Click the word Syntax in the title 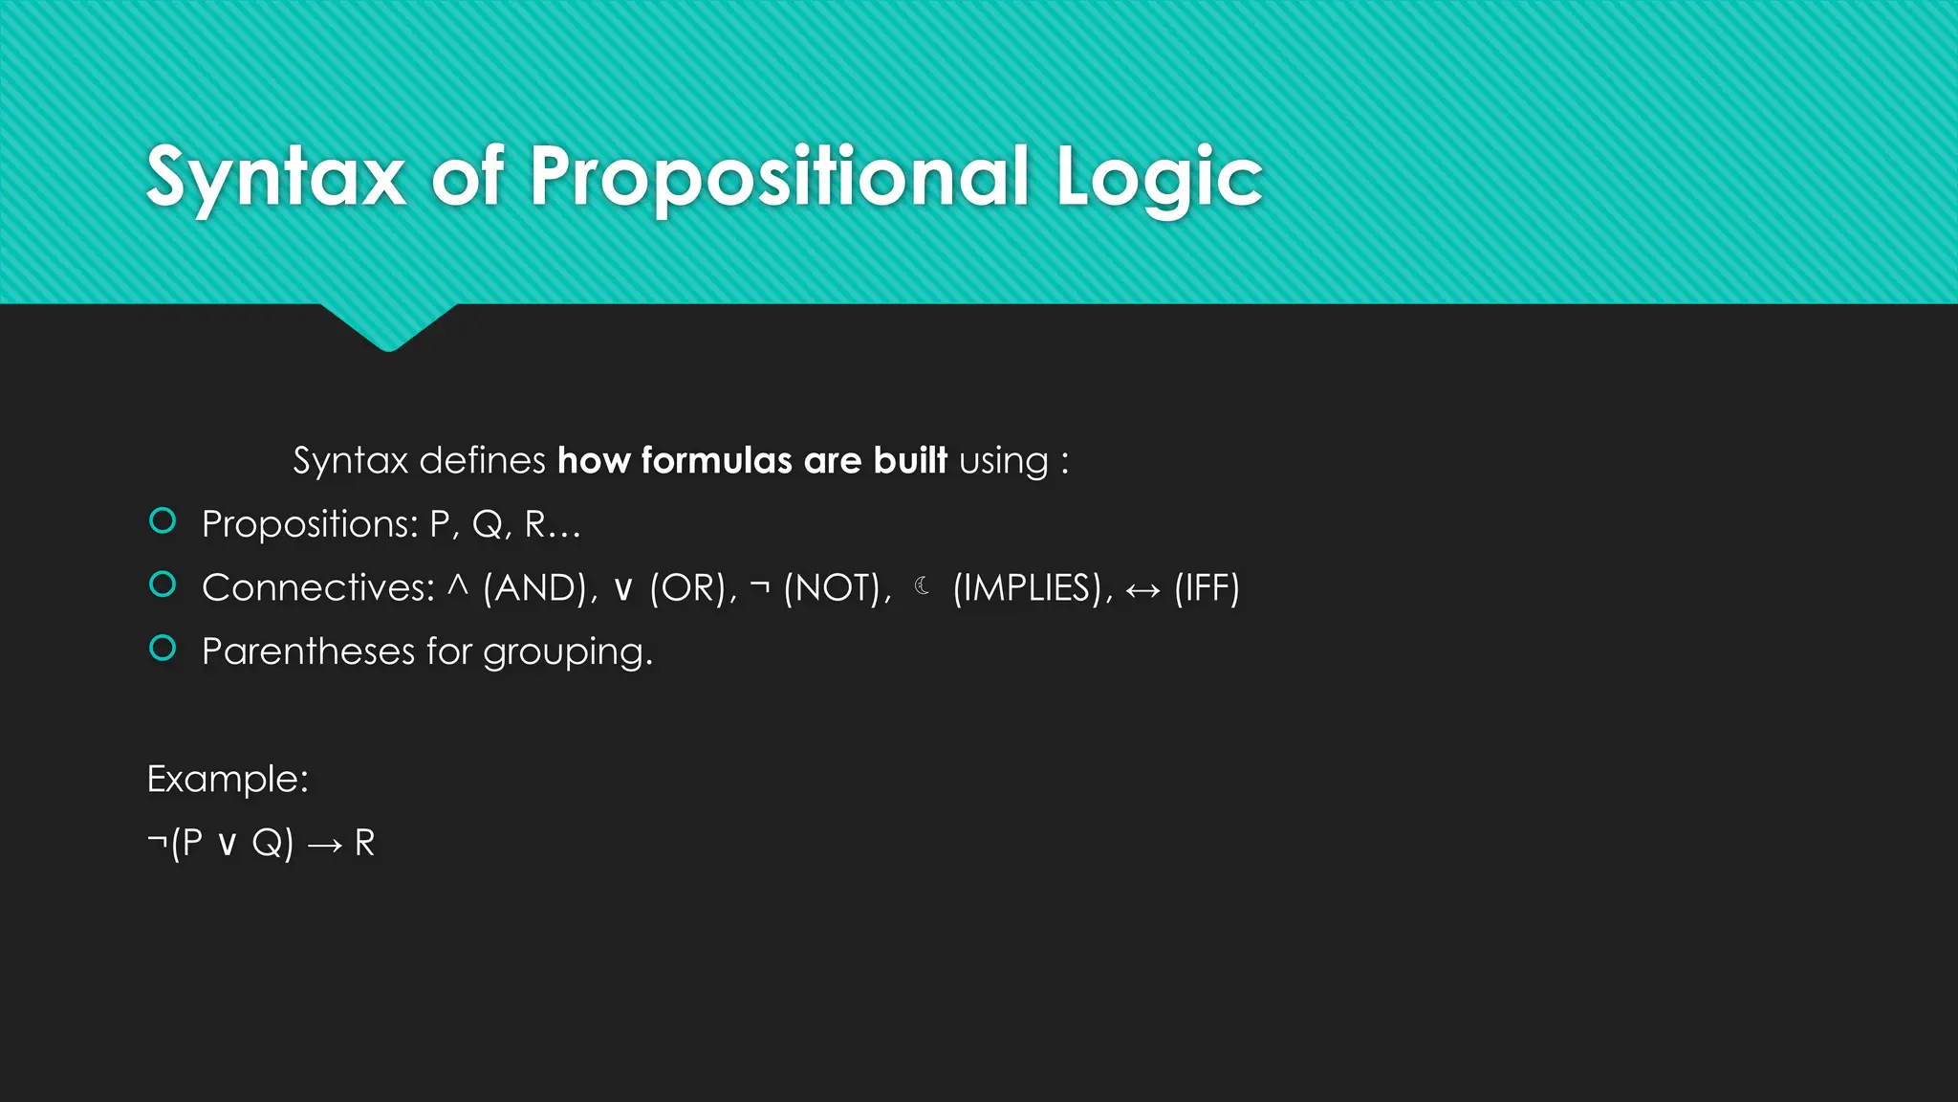click(x=275, y=178)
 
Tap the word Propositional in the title click(x=778, y=178)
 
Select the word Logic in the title click(x=1159, y=178)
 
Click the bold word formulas click(x=716, y=460)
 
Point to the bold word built click(x=909, y=460)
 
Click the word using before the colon click(x=1003, y=462)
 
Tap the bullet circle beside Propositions click(x=163, y=521)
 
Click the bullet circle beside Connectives click(x=163, y=584)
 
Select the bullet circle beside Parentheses click(x=163, y=649)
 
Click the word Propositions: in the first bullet click(x=310, y=524)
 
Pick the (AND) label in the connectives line click(x=535, y=587)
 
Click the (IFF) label click(x=1207, y=587)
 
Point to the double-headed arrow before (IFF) click(x=1142, y=590)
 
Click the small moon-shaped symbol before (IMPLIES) click(x=922, y=585)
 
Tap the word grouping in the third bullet click(x=566, y=652)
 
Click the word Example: click(x=228, y=779)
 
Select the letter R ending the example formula click(x=364, y=843)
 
